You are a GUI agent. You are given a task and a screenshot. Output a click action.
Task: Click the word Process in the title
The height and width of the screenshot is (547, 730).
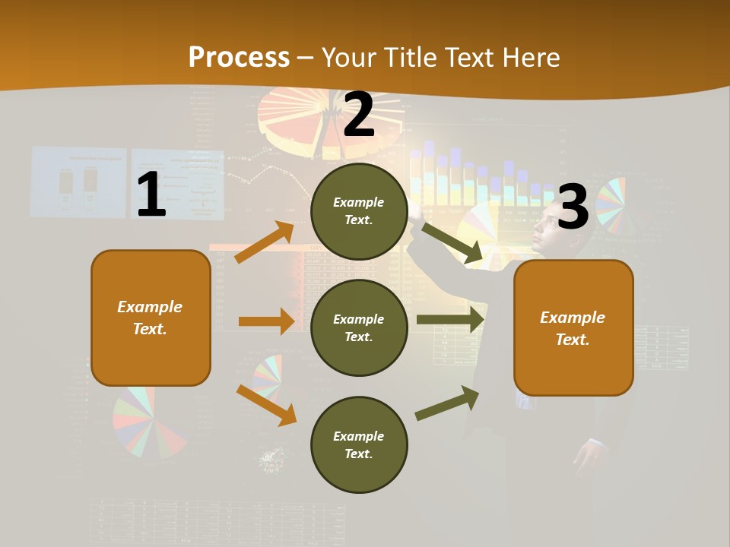click(239, 57)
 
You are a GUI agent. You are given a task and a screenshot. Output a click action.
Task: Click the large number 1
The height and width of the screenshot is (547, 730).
click(151, 195)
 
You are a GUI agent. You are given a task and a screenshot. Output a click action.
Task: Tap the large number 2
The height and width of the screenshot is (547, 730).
click(359, 115)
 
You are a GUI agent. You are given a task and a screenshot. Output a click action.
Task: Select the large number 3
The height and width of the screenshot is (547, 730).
click(573, 207)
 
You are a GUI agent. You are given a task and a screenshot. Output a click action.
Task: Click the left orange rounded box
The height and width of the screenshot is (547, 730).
click(151, 318)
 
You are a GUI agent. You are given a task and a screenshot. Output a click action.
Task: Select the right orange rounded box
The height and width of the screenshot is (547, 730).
click(573, 327)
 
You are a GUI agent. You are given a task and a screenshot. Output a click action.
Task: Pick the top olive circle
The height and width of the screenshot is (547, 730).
click(359, 211)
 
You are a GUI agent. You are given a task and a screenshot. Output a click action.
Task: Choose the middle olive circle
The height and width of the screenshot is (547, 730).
click(359, 327)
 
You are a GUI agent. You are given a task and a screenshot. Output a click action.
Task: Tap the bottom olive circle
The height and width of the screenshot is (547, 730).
click(359, 444)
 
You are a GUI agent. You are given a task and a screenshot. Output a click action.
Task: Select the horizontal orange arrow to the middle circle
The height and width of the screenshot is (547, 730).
click(265, 321)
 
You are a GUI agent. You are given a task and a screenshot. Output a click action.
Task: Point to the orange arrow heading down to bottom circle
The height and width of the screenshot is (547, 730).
click(266, 405)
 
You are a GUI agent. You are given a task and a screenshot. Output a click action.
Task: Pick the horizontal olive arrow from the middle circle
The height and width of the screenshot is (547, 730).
click(449, 320)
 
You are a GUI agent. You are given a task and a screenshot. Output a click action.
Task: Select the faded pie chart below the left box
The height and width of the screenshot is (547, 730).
click(149, 422)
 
